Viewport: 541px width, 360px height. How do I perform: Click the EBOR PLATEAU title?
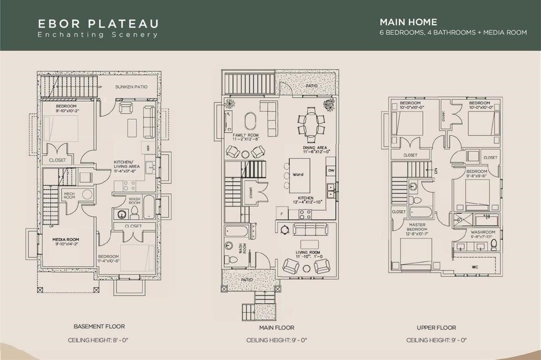[x=98, y=24]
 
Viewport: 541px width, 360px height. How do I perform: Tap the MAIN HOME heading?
[x=408, y=22]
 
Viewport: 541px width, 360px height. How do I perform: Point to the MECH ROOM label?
[x=69, y=195]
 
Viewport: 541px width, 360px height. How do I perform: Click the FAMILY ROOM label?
[x=246, y=136]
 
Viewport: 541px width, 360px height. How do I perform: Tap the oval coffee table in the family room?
[x=250, y=120]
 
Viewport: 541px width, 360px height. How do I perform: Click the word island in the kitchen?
[x=298, y=174]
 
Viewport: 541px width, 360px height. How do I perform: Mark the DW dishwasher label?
[x=331, y=170]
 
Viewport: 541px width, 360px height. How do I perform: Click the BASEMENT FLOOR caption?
[x=98, y=327]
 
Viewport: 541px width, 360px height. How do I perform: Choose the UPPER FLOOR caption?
[x=436, y=328]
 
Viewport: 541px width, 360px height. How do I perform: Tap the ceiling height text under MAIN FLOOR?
[x=277, y=340]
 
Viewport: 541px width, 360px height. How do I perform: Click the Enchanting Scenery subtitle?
[x=98, y=35]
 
